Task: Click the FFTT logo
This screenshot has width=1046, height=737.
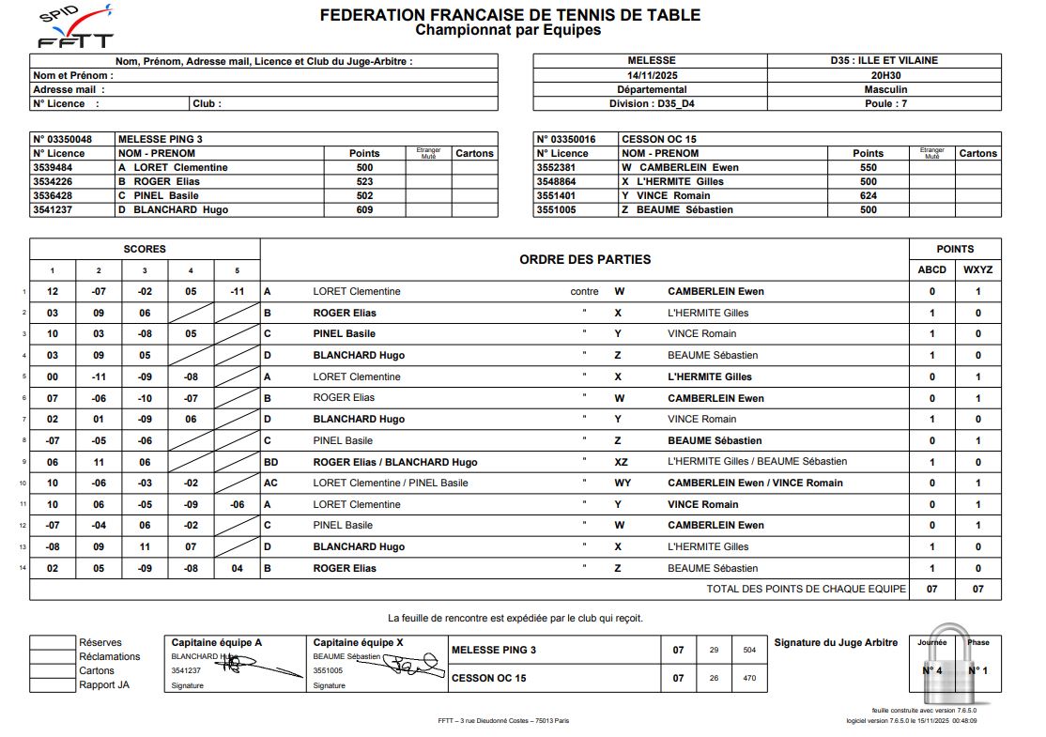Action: [x=76, y=27]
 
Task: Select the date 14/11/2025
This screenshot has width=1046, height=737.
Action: [x=652, y=75]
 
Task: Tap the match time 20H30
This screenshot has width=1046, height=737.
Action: [x=885, y=75]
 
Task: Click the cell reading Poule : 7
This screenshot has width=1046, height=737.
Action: [x=885, y=104]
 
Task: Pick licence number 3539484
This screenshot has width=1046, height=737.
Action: [x=59, y=167]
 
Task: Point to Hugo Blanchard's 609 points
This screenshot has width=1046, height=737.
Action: [x=364, y=209]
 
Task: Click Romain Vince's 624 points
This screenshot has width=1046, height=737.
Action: [x=868, y=195]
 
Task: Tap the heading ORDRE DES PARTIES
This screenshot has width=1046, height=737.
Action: [x=584, y=259]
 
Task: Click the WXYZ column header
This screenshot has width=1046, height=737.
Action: [x=977, y=269]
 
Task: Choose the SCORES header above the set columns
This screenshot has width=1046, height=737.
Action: [x=145, y=249]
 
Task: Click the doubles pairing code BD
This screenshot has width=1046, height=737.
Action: [x=271, y=462]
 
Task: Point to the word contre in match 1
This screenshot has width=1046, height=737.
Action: [x=584, y=291]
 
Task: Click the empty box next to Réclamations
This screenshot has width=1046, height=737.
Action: [x=53, y=656]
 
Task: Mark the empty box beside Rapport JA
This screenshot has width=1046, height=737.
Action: [x=53, y=684]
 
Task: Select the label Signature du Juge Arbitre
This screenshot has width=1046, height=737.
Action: [x=835, y=642]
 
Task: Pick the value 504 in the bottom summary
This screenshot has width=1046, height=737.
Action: [x=748, y=650]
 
